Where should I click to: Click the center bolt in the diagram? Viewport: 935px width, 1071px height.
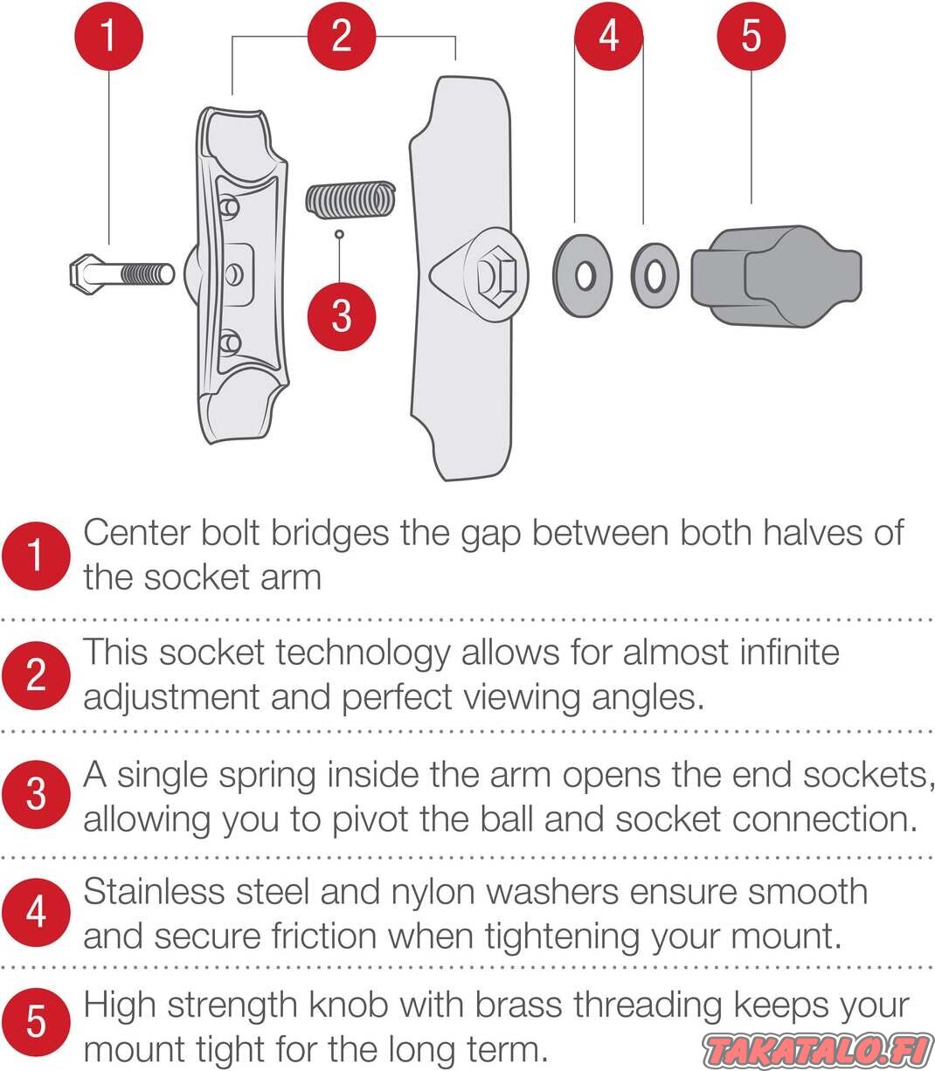[121, 274]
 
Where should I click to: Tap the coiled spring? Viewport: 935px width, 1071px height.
[350, 199]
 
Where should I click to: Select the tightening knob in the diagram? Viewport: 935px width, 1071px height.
[776, 276]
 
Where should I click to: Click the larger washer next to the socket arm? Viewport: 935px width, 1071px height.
[583, 275]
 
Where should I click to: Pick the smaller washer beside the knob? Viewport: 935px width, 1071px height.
[654, 275]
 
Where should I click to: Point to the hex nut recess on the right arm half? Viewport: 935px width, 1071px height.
[495, 275]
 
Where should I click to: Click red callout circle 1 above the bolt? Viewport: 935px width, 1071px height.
[109, 36]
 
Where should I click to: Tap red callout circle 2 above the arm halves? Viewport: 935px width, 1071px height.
[342, 36]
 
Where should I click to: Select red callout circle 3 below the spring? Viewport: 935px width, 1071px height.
[342, 316]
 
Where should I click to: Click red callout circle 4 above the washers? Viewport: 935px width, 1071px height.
[609, 36]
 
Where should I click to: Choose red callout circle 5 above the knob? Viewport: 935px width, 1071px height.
[751, 36]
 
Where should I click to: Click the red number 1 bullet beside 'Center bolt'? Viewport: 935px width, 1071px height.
[36, 556]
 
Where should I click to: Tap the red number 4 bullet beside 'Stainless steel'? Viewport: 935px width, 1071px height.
[36, 912]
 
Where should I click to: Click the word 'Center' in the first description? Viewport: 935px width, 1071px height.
[137, 533]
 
